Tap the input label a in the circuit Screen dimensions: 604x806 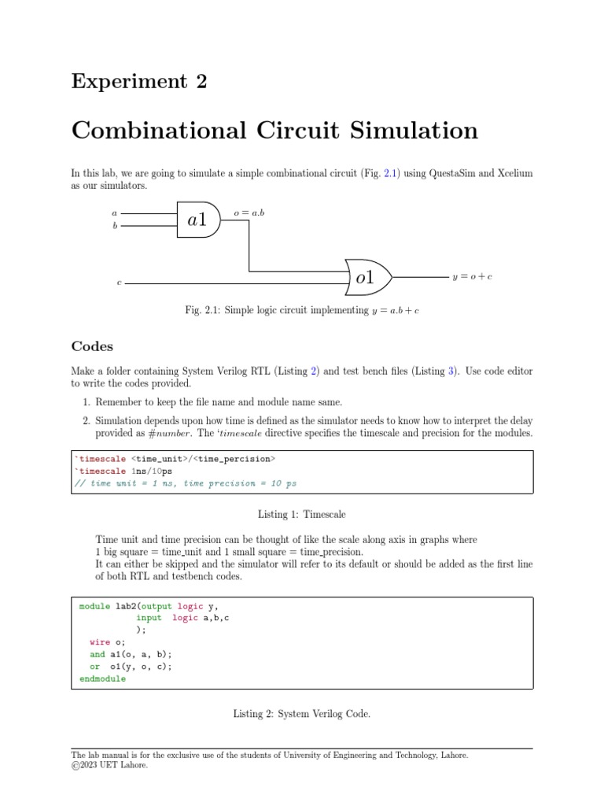click(x=115, y=213)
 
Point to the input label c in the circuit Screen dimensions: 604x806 click(x=119, y=282)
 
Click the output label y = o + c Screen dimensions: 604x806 click(x=472, y=277)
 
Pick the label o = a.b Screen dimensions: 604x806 click(x=249, y=213)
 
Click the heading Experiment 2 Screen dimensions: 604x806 click(x=139, y=81)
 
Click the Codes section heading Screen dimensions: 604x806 click(x=92, y=346)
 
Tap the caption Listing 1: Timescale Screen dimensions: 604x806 click(x=302, y=513)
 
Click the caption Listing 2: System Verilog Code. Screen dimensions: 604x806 click(x=302, y=714)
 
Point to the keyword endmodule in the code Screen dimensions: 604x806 click(x=102, y=678)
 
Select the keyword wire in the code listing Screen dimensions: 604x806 click(x=100, y=642)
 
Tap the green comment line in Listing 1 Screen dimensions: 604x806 click(x=186, y=483)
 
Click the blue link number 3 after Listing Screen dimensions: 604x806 click(x=452, y=370)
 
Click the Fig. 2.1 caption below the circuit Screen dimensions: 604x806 click(x=302, y=311)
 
